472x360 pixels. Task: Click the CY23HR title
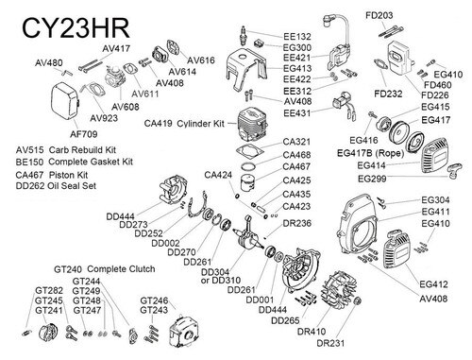pyautogui.click(x=76, y=28)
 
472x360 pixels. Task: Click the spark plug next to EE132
pyautogui.click(x=243, y=36)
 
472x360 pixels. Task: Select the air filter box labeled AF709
pyautogui.click(x=65, y=101)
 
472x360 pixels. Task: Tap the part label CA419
pyautogui.click(x=158, y=123)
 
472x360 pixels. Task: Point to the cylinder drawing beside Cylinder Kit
pyautogui.click(x=253, y=123)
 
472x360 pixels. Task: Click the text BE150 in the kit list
pyautogui.click(x=29, y=163)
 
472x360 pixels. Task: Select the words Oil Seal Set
pyautogui.click(x=72, y=185)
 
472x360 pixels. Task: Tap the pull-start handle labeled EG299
pyautogui.click(x=454, y=170)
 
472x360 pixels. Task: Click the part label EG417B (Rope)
pyautogui.click(x=370, y=153)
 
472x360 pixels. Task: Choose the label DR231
pyautogui.click(x=330, y=343)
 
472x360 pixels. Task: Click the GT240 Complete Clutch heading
pyautogui.click(x=105, y=269)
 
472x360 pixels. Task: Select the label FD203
pyautogui.click(x=379, y=15)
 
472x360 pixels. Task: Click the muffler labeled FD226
pyautogui.click(x=398, y=59)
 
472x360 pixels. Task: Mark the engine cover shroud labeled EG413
pyautogui.click(x=247, y=69)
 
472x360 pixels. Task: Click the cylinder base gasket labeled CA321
pyautogui.click(x=250, y=150)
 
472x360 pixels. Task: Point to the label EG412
pyautogui.click(x=433, y=284)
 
